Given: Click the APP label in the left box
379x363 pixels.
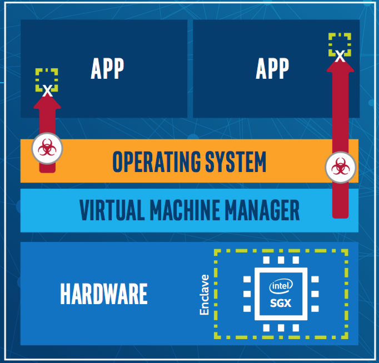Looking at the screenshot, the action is point(107,69).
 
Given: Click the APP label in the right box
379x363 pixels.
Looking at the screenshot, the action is point(272,69).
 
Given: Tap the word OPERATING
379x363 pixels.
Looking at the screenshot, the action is point(156,161).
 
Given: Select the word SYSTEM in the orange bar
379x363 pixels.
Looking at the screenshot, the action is point(236,161).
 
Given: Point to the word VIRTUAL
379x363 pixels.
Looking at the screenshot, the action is point(112,210).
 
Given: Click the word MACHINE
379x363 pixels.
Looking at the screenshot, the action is point(185,210).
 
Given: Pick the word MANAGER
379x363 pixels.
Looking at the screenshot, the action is point(262,210).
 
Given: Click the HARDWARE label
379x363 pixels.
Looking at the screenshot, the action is point(104,294).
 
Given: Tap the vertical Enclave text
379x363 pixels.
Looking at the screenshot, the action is point(205,295).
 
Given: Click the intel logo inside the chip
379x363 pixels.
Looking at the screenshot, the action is point(281,286).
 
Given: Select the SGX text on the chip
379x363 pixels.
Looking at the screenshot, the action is point(281,303).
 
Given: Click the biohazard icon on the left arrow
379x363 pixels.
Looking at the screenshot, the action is point(47,148).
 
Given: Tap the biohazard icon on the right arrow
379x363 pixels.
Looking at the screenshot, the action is point(340,167).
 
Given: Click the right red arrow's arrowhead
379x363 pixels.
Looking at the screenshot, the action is point(340,65).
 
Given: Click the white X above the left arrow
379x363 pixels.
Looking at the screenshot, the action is point(47,91).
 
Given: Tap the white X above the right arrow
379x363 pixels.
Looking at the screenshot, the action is point(340,56).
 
